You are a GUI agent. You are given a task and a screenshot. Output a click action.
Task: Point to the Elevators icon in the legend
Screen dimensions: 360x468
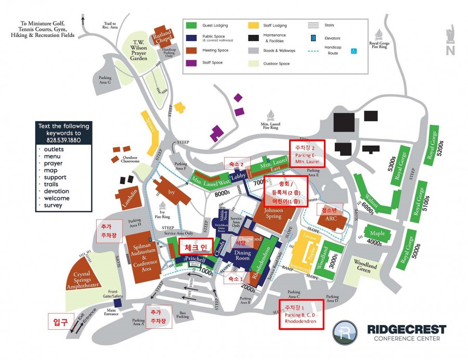pyautogui.click(x=314, y=37)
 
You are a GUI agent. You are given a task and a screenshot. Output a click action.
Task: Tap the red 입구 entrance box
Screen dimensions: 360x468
pyautogui.click(x=60, y=323)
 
